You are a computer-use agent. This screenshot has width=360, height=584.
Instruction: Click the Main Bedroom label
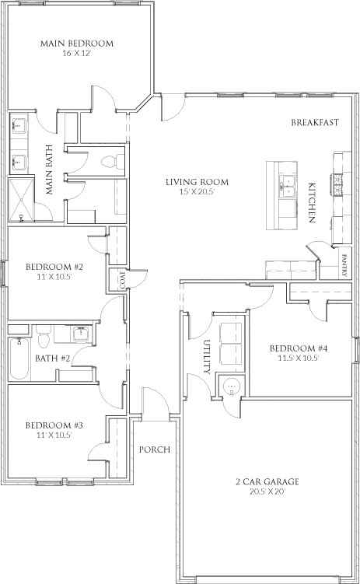coord(77,44)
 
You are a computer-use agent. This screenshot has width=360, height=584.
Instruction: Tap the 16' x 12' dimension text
coord(77,53)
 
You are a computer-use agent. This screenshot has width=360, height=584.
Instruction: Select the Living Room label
coord(197,182)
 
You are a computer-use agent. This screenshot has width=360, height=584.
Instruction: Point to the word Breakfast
coord(315,122)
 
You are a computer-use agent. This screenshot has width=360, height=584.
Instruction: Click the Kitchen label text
coord(312,202)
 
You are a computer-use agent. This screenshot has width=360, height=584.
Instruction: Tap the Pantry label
coord(344,265)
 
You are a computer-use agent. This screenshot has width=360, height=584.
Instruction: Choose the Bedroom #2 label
coord(54,267)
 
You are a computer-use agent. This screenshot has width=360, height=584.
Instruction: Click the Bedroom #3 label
coord(54,425)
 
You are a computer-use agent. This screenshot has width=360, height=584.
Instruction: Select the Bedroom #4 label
coord(299,348)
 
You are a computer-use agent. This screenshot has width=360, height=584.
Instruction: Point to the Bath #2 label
coord(53,358)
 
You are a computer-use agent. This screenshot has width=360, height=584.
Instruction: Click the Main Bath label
coord(50,170)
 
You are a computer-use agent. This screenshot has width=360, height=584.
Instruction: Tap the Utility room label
coord(208,357)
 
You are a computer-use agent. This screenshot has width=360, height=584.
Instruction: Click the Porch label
coord(155,449)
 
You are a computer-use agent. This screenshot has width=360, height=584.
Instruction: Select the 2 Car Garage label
coord(267,481)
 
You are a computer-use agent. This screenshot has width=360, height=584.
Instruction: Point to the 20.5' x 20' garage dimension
coord(267,491)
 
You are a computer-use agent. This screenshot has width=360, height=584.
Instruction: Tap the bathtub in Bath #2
coord(19,358)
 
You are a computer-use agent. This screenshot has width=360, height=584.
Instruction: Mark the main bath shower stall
coord(21,200)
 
